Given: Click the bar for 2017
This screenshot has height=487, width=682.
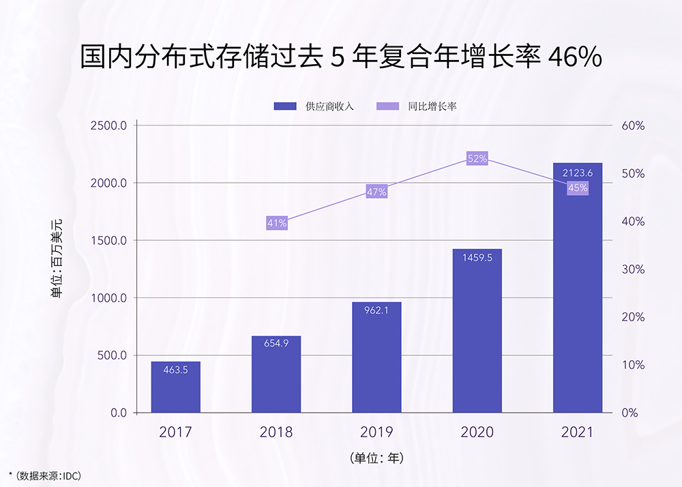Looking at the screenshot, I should point(175,387).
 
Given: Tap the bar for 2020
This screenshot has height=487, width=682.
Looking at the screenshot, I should point(477,331).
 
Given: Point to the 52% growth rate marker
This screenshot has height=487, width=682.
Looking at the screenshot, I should point(477,158).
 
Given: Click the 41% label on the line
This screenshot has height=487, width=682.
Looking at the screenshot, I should point(277,222).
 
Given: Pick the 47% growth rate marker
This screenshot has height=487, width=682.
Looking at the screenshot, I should point(376,192).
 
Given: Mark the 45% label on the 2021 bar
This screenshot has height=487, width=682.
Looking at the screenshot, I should point(578,188).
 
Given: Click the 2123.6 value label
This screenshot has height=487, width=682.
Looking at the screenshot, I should point(578,173).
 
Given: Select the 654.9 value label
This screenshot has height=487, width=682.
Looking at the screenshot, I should point(276,343).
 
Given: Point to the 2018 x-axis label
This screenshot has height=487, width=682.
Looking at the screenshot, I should point(276,432).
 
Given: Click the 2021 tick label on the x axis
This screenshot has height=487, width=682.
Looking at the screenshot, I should point(578,432).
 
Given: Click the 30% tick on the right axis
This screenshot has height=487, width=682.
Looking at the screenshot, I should point(633,269).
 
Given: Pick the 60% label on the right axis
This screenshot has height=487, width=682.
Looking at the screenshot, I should point(633,126).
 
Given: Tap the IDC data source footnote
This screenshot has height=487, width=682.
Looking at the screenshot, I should point(44,475).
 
